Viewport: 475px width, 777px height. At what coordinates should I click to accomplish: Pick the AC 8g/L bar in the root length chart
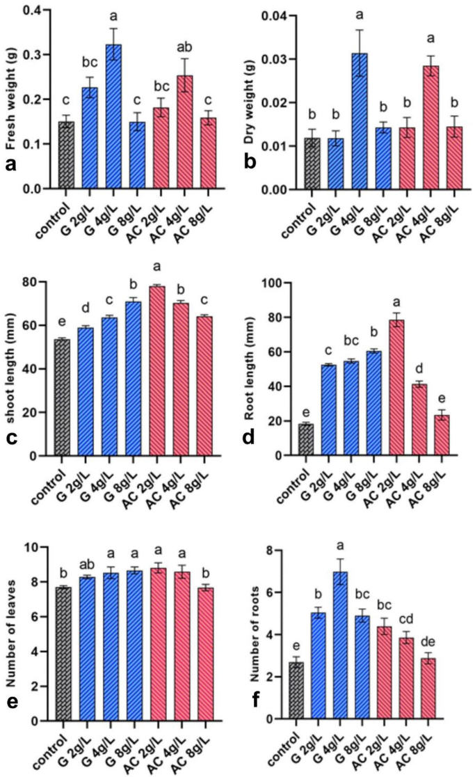439,435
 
